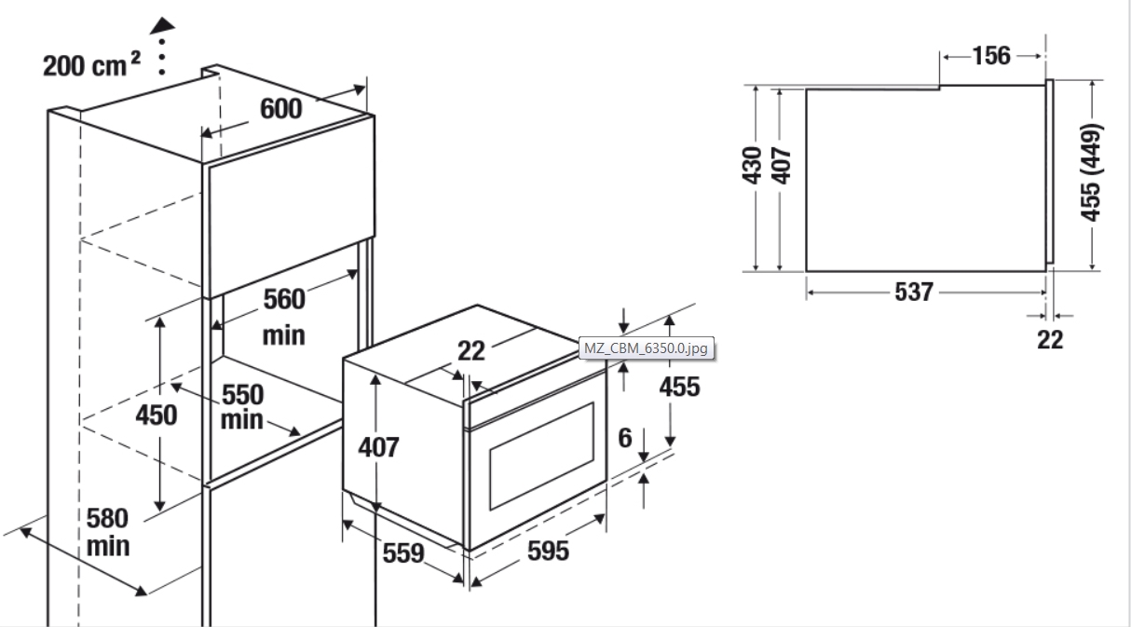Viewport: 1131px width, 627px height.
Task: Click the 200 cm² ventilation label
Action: [91, 65]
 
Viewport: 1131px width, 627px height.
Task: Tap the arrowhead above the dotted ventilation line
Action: [162, 26]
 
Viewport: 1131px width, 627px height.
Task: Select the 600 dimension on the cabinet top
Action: [280, 109]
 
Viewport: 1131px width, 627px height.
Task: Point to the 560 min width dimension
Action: [284, 317]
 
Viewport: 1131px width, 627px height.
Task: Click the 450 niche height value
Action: [156, 415]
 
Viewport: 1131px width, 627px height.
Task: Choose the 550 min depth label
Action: [242, 407]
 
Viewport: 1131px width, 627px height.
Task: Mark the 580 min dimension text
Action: [107, 532]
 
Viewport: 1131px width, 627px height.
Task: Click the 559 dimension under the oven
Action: [402, 553]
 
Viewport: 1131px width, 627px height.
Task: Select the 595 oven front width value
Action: [548, 551]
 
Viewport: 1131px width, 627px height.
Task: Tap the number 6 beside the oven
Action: [625, 438]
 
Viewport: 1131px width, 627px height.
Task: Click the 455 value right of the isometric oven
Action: [679, 388]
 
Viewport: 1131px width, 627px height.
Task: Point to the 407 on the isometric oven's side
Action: [378, 447]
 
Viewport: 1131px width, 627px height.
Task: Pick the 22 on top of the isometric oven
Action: [471, 350]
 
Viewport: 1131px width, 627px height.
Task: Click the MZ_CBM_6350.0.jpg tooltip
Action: [647, 348]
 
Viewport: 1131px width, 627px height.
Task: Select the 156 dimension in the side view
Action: [991, 56]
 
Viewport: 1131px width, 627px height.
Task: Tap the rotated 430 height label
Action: [752, 166]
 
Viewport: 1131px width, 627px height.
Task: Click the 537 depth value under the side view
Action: [913, 292]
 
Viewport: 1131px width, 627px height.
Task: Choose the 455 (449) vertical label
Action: [1091, 172]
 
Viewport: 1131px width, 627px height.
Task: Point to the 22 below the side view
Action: [1050, 340]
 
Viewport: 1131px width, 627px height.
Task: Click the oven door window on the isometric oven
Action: [541, 456]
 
